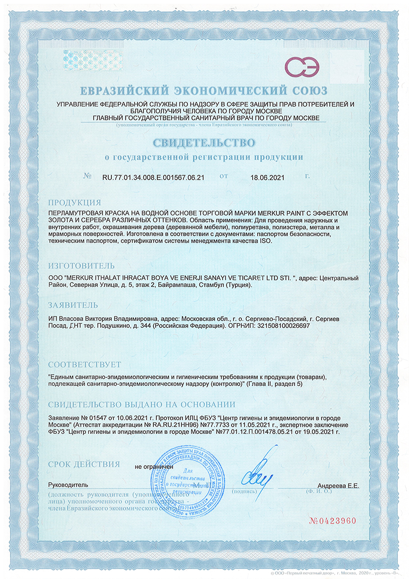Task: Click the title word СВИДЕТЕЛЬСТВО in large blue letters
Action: pos(204,143)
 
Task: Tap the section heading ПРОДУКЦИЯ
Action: pos(75,203)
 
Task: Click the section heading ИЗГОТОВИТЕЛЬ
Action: pos(82,265)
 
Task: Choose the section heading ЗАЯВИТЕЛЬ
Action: pos(73,305)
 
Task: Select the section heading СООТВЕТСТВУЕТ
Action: pos(85,365)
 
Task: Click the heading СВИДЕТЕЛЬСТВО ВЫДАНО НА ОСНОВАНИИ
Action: pos(141,403)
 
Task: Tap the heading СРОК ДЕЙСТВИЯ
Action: pos(84,464)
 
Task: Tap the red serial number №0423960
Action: pos(332,521)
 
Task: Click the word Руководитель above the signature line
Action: pos(68,484)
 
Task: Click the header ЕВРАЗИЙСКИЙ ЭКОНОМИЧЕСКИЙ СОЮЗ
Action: pos(204,91)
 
